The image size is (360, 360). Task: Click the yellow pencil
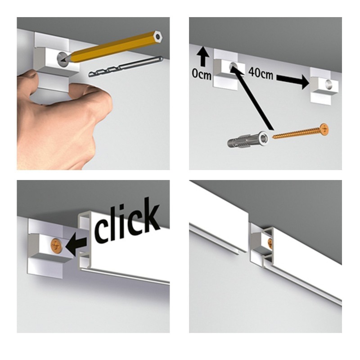[x=112, y=47]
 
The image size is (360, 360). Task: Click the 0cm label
[x=201, y=75]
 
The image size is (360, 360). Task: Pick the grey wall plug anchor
[x=250, y=141]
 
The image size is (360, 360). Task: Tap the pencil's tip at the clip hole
[x=64, y=58]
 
